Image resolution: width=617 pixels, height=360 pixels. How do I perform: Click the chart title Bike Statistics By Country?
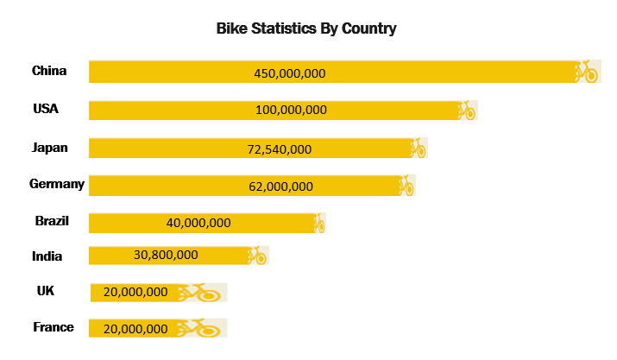click(x=306, y=28)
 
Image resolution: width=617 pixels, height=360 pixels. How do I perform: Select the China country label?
click(x=49, y=71)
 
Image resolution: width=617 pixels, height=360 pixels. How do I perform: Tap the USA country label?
click(x=46, y=109)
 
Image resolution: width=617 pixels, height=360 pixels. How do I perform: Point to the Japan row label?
click(x=49, y=148)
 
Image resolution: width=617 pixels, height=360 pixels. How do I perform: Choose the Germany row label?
click(x=57, y=184)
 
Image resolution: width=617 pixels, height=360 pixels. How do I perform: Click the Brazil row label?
click(x=52, y=221)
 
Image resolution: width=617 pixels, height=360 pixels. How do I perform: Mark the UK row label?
click(x=46, y=291)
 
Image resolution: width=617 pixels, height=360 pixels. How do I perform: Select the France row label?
click(x=54, y=327)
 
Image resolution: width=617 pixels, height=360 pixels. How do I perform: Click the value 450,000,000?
click(x=290, y=73)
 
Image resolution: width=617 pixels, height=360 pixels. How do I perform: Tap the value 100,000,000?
click(x=291, y=110)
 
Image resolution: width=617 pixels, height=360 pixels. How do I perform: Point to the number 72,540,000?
click(x=280, y=149)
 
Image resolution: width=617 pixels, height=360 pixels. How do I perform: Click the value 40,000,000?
click(x=198, y=223)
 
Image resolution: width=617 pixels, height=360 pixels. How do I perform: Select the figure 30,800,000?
click(x=167, y=255)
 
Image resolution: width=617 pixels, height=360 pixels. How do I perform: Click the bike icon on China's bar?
click(x=587, y=72)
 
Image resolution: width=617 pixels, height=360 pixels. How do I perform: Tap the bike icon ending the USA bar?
click(x=466, y=111)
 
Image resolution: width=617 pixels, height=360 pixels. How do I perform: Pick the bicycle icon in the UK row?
click(x=201, y=293)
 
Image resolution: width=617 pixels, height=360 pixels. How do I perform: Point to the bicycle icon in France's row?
click(x=201, y=328)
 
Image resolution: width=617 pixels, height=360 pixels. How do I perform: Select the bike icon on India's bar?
click(x=256, y=255)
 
